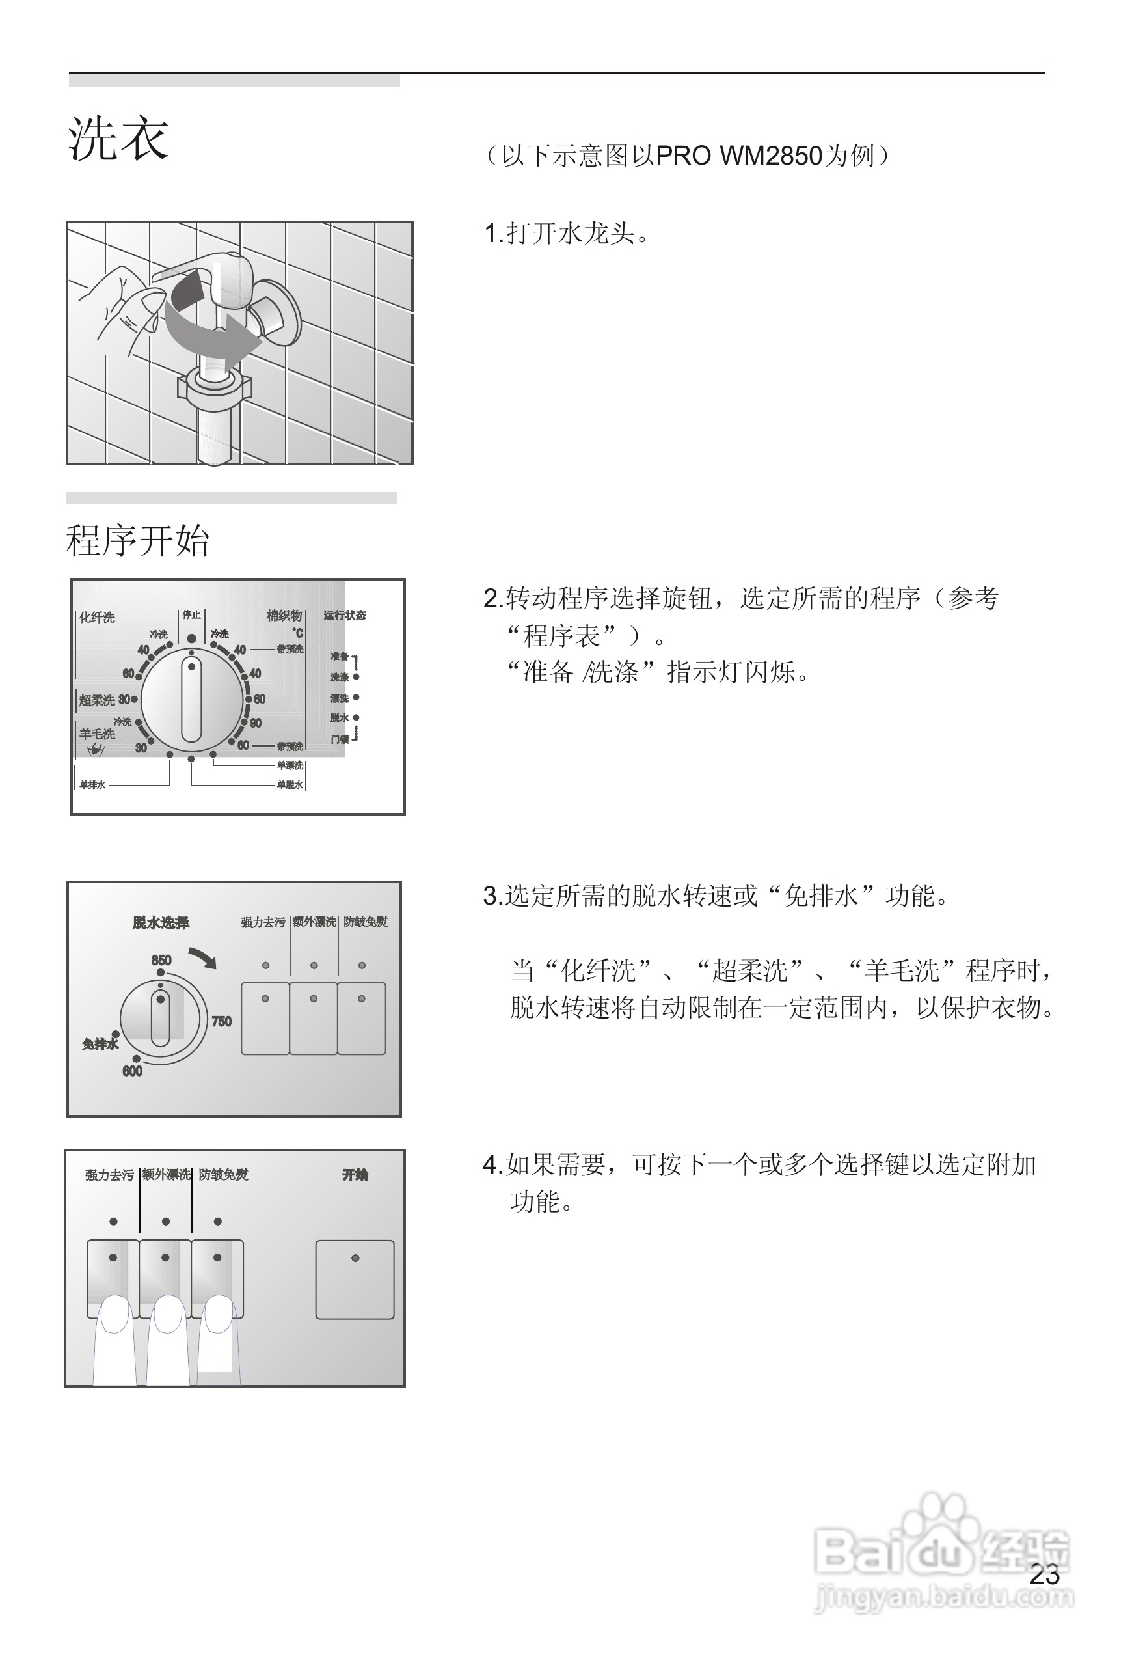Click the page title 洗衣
click(x=118, y=138)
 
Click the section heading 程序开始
click(x=137, y=540)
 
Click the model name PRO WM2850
click(x=738, y=156)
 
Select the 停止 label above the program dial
click(x=191, y=614)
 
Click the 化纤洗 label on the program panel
click(x=97, y=617)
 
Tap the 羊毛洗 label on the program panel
click(x=97, y=734)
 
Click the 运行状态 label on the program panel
click(x=344, y=615)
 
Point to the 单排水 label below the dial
click(x=92, y=784)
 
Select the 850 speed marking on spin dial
click(x=161, y=960)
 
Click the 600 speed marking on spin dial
click(x=132, y=1071)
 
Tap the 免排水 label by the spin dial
click(x=100, y=1044)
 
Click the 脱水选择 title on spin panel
click(x=161, y=922)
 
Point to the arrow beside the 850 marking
click(x=203, y=957)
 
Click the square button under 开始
click(x=355, y=1279)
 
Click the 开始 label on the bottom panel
click(x=355, y=1174)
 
